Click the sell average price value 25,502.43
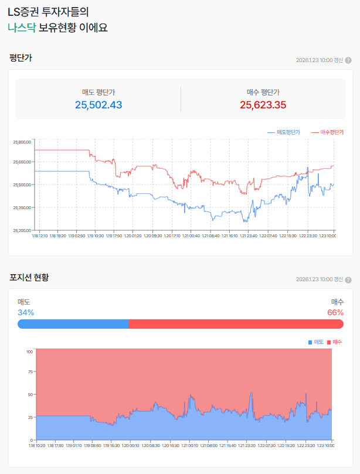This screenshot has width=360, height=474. click(99, 105)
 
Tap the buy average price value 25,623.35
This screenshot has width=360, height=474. click(263, 105)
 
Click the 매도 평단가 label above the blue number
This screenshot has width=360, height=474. click(99, 92)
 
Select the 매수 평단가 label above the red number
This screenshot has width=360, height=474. click(263, 92)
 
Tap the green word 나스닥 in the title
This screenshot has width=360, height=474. click(22, 28)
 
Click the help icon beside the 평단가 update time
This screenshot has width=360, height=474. click(348, 60)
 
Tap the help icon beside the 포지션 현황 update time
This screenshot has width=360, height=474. click(348, 279)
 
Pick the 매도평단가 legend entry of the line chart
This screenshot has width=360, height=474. click(284, 132)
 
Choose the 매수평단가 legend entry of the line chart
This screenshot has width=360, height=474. click(326, 132)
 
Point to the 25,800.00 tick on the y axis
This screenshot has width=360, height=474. click(22, 142)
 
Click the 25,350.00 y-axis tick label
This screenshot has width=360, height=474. click(22, 207)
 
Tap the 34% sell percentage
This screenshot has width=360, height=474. click(26, 312)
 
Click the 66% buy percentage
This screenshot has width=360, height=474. click(335, 312)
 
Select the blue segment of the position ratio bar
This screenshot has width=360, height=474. click(73, 324)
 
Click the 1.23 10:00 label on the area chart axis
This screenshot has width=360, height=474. click(327, 446)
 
